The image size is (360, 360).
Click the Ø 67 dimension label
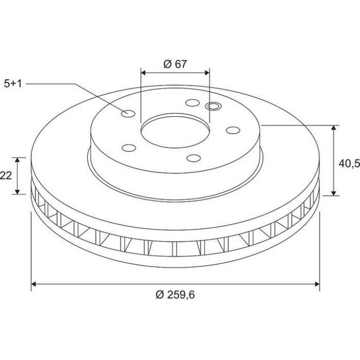coord(175,64)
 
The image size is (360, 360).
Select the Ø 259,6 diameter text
coord(175,295)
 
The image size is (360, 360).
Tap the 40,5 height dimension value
coord(349,164)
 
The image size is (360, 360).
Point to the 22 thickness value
coord(6,176)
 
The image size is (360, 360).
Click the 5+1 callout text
coord(13,84)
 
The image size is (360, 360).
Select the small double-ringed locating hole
coord(213,106)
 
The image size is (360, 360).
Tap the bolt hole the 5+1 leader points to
coord(128,113)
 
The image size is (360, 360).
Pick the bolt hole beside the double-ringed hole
coord(192,103)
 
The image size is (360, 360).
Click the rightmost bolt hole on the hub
coord(233,130)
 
